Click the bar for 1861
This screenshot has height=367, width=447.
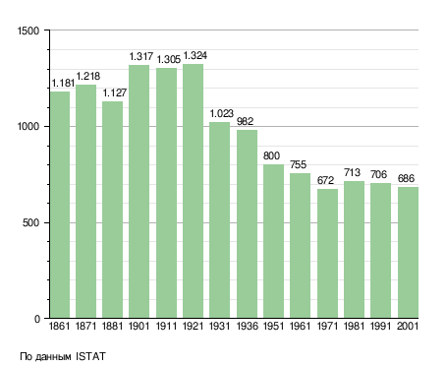click(60, 205)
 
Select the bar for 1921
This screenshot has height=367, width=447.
click(193, 191)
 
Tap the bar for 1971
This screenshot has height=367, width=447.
click(327, 254)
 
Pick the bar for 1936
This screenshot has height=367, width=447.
click(247, 224)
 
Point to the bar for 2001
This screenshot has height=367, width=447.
click(408, 253)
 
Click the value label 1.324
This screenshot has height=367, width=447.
click(196, 56)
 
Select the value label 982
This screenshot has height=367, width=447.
click(246, 121)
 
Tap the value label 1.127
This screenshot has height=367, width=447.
click(115, 93)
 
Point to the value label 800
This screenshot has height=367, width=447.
click(272, 155)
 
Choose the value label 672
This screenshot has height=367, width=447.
click(325, 180)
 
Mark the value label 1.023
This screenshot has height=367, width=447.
click(222, 114)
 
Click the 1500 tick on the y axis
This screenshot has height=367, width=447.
click(28, 31)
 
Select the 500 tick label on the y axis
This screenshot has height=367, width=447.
click(30, 223)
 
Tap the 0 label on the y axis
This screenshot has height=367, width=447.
click(37, 319)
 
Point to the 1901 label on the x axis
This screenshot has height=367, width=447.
click(140, 327)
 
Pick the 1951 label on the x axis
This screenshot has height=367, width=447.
click(273, 327)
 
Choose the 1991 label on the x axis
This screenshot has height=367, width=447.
click(381, 327)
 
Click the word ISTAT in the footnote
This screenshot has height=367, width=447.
click(90, 356)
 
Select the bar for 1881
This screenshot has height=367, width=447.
click(112, 210)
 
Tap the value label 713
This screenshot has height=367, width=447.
click(353, 172)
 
